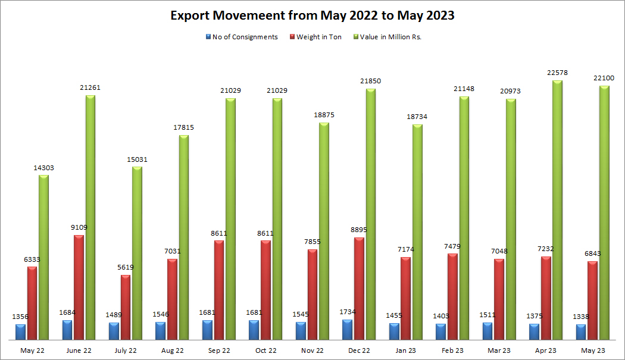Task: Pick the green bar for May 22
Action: (x=43, y=258)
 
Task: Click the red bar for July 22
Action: (x=126, y=308)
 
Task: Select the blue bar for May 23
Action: (x=581, y=333)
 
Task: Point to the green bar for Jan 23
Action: (x=417, y=233)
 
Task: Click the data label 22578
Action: (x=558, y=73)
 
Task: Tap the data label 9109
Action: (x=79, y=227)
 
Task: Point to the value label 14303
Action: (x=43, y=168)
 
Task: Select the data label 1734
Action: (x=347, y=312)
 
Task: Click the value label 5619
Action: (x=126, y=267)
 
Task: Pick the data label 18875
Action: (x=324, y=115)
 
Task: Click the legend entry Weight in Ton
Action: (x=318, y=37)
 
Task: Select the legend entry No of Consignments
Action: (x=245, y=37)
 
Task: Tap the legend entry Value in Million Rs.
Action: (x=391, y=37)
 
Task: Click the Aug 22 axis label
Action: (x=172, y=350)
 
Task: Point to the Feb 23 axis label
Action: (x=452, y=350)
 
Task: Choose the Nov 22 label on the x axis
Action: (x=312, y=350)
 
